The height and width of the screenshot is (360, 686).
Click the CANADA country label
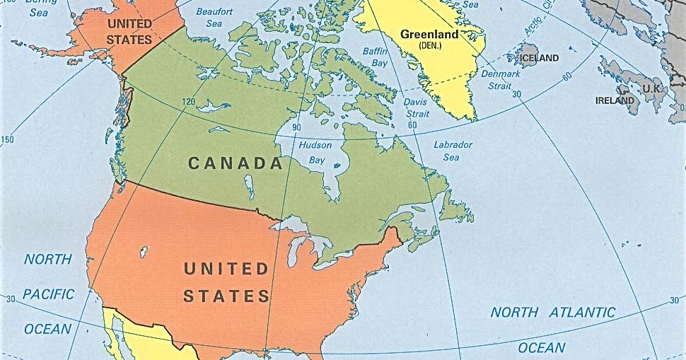point(236,163)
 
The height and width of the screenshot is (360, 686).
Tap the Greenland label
point(429,33)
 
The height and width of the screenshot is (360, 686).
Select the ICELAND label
point(539,58)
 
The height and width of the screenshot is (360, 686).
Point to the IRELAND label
point(615,100)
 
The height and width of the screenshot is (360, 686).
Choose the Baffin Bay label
point(376,57)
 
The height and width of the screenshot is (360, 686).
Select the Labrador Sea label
point(453,151)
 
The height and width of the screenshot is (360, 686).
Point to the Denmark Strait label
point(500,79)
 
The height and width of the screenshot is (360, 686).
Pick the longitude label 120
point(188,102)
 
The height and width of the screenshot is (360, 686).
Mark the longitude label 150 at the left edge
point(7,139)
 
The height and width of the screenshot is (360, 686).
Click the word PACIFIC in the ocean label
point(49,294)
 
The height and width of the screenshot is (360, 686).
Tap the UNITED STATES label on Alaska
point(129,31)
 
